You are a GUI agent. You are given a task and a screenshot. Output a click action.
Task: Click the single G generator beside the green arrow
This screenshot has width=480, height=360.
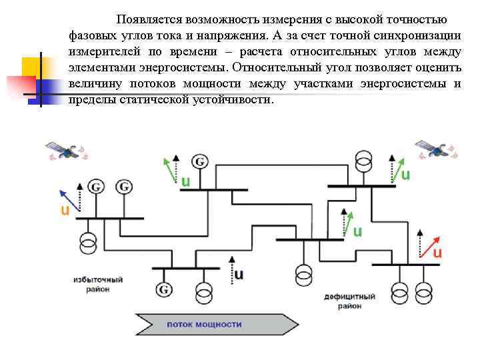point(199,161)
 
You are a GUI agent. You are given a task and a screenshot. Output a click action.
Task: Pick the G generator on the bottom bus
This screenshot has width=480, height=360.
point(164,289)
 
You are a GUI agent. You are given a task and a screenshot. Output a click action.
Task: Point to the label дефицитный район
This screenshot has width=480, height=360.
point(349,301)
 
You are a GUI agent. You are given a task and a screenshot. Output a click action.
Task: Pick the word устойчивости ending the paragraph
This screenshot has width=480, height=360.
point(231,99)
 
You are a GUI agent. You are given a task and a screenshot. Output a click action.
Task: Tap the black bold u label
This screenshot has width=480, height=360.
point(239,274)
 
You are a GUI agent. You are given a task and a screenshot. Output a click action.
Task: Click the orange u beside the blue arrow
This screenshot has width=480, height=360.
point(65,211)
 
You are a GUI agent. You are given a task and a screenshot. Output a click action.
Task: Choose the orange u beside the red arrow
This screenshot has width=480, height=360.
point(438,253)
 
